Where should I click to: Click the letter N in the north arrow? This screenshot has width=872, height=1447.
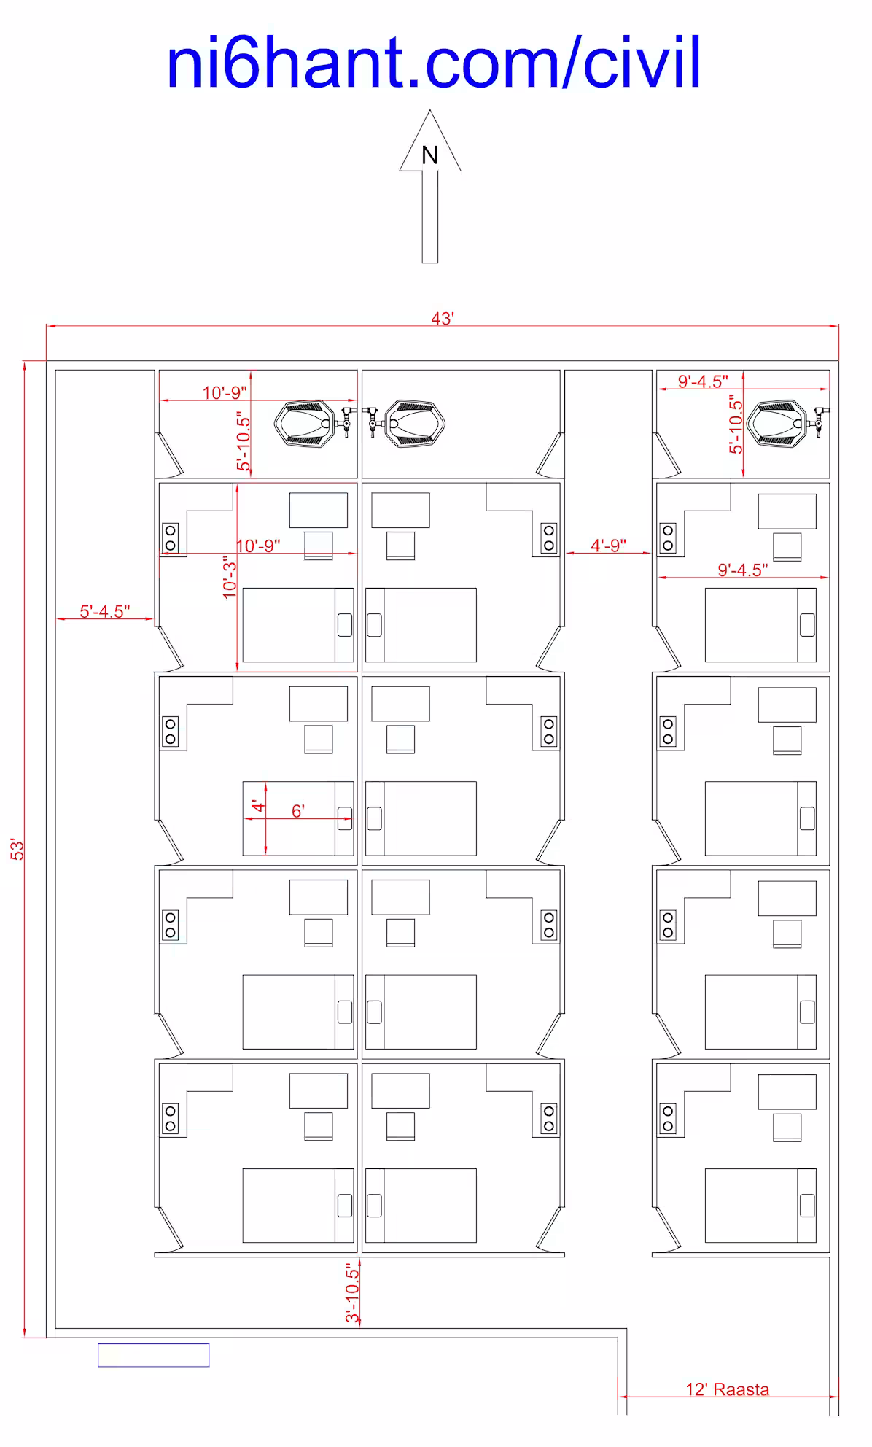point(429,155)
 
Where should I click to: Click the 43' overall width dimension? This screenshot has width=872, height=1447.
point(443,319)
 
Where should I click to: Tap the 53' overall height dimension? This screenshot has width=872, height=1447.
point(17,849)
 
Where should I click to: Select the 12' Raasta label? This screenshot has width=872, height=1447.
point(727,1389)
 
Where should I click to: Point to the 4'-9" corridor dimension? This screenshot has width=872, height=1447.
point(608,546)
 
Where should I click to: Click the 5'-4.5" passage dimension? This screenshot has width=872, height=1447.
point(105,611)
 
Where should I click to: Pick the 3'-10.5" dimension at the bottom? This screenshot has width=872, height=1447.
point(352,1294)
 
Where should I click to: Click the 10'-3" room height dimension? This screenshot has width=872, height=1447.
point(230,577)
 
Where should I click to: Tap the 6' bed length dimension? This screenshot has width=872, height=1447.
point(298,811)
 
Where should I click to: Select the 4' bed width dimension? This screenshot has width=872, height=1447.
point(258,806)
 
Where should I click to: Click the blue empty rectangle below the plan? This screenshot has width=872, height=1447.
point(154,1355)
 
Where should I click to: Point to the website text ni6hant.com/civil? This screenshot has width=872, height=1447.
point(434,63)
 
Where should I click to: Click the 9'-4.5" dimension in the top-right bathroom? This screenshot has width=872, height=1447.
point(703,381)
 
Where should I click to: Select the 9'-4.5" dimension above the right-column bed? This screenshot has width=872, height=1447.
point(743,570)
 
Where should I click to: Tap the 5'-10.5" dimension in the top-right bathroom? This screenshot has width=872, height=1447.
point(736,424)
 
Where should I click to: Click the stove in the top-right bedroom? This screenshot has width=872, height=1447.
point(668,538)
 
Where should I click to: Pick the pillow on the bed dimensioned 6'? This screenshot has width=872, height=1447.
point(345,818)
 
